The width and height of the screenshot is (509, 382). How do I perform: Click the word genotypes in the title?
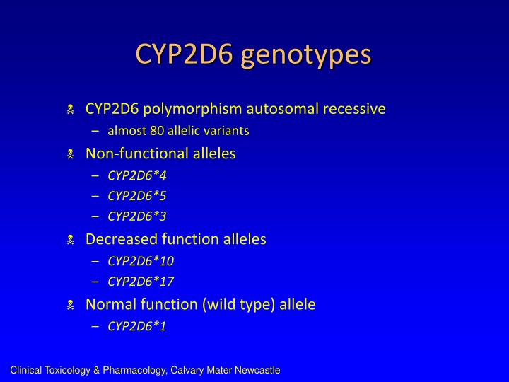(x=306, y=55)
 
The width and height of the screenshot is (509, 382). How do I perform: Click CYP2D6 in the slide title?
(x=185, y=54)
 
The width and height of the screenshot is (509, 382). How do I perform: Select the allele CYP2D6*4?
(x=137, y=175)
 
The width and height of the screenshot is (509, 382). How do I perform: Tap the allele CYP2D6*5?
(x=137, y=196)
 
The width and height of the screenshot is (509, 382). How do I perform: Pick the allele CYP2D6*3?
(x=137, y=216)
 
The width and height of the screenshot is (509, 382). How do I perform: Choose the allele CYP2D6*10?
(x=141, y=261)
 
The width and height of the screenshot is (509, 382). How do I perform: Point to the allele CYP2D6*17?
(x=141, y=282)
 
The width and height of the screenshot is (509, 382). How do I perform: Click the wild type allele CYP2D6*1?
(x=137, y=326)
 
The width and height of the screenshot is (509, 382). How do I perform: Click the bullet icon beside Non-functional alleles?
(x=71, y=154)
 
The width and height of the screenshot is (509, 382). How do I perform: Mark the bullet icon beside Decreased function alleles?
(x=71, y=240)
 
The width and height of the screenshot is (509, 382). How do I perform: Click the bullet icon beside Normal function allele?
(x=71, y=305)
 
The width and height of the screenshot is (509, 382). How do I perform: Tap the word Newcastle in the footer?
(x=257, y=370)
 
